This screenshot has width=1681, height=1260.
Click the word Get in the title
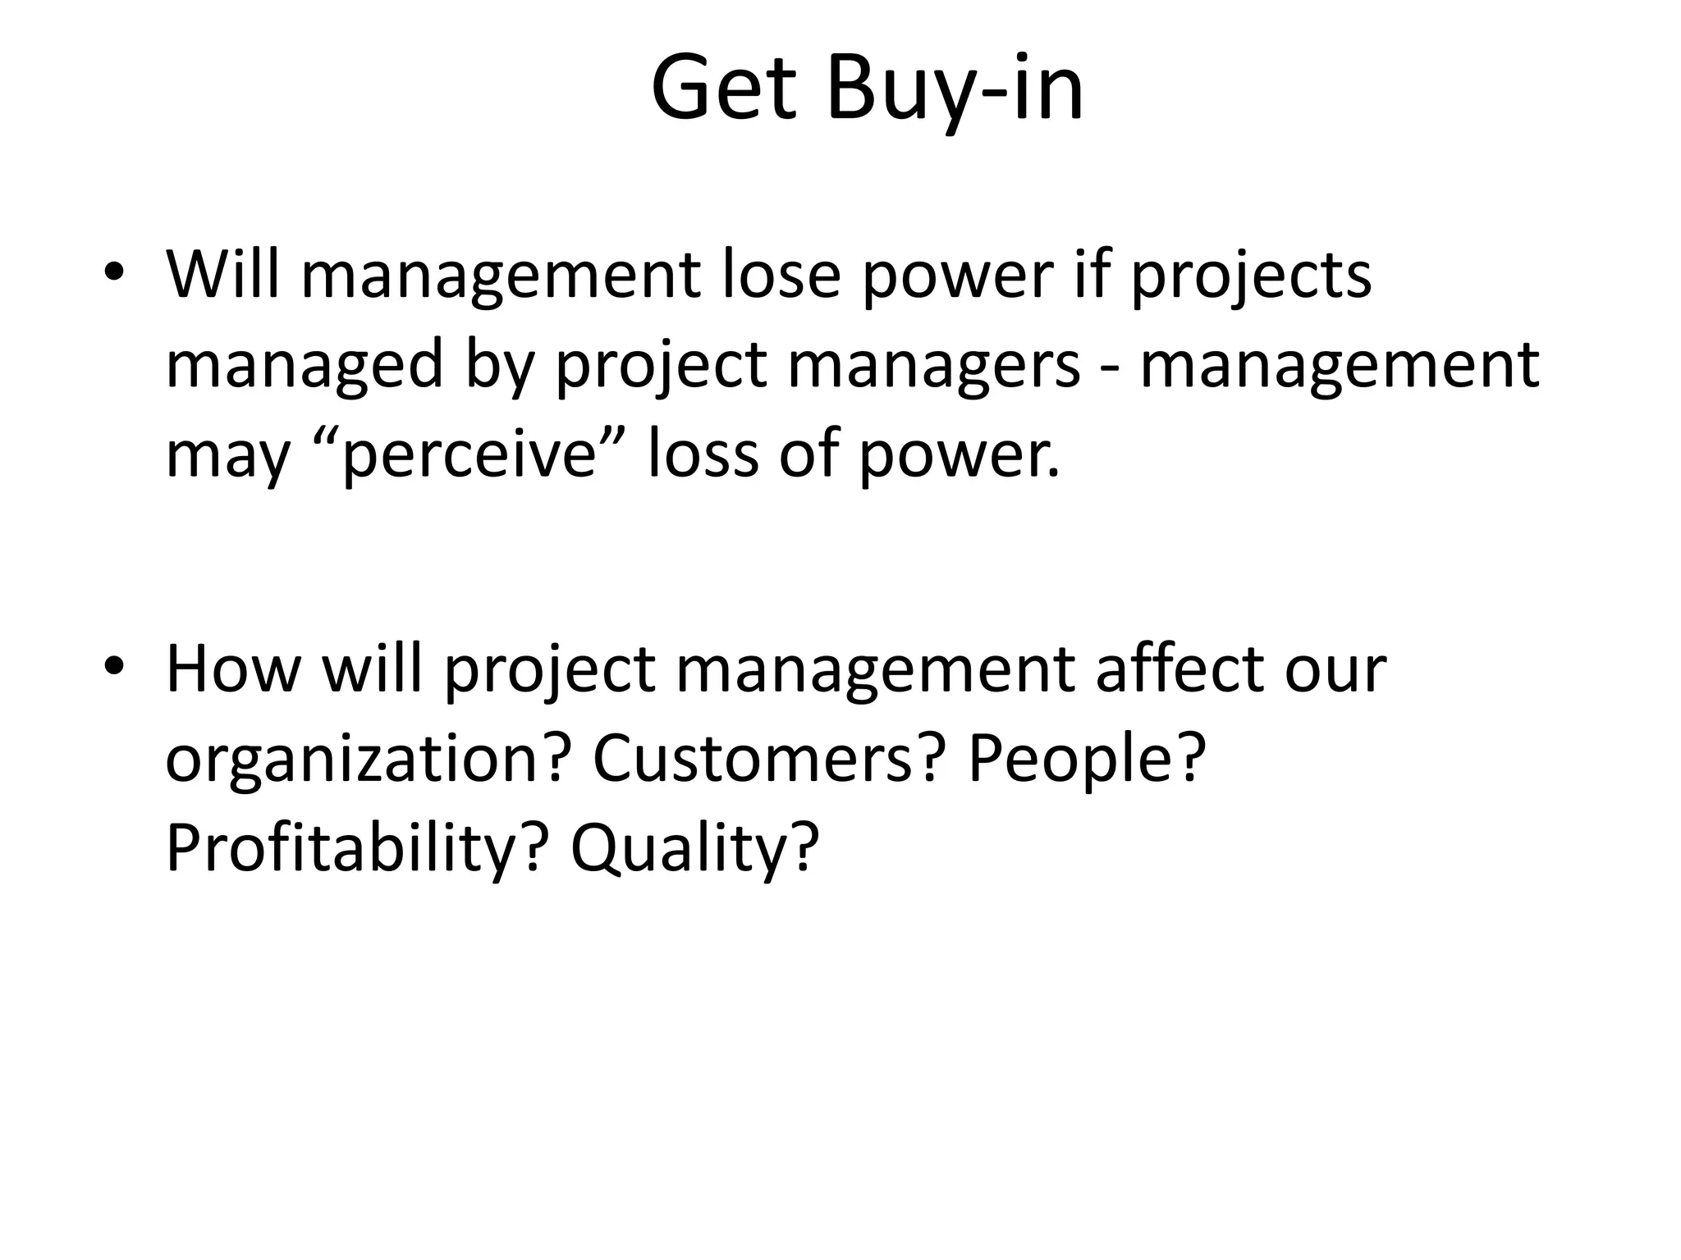click(723, 88)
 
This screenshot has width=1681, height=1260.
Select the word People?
click(1087, 759)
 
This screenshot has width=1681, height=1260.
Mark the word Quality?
click(694, 849)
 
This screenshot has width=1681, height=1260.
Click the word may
click(227, 456)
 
